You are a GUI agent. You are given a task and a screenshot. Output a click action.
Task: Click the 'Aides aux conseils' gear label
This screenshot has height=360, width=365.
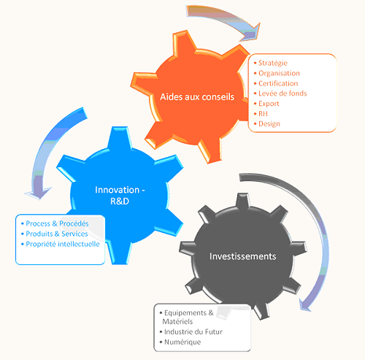[197, 97]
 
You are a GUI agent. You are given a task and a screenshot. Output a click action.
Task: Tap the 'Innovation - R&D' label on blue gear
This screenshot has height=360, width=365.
[120, 196]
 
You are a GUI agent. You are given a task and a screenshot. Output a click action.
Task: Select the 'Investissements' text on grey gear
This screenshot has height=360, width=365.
[243, 256]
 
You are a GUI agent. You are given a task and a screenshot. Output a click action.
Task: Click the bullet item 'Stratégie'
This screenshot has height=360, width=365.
[273, 63]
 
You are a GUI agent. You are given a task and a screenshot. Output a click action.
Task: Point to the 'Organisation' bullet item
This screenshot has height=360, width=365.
[279, 73]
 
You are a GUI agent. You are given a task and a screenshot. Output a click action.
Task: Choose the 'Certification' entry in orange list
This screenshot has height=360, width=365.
[278, 83]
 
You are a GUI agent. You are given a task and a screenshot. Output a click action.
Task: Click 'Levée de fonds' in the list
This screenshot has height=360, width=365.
[283, 93]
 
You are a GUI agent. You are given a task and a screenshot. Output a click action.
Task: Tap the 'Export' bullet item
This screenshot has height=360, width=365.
[269, 104]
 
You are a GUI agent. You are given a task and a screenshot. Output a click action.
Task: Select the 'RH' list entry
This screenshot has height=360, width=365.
[263, 114]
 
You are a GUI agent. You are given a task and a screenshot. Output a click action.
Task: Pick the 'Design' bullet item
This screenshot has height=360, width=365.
[269, 124]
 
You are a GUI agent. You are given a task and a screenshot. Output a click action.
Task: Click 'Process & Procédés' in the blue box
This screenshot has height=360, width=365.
[57, 223]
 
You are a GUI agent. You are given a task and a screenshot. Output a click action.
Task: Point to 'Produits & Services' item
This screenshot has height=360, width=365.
[57, 234]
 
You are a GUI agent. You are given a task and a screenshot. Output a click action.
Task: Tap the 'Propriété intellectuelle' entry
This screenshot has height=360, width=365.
[63, 244]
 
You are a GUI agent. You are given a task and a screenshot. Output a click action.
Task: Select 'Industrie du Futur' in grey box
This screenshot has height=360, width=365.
[193, 332]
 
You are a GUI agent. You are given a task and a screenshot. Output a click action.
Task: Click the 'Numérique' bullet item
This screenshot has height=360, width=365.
[182, 342]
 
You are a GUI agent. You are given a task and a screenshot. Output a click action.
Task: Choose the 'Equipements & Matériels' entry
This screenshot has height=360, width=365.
[188, 317]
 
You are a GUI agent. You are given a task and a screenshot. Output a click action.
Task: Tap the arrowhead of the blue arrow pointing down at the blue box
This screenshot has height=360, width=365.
[39, 193]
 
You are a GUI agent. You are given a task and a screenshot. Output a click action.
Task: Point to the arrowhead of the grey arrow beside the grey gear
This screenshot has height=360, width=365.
[304, 305]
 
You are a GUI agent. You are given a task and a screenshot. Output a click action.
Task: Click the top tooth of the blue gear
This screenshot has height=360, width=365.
[120, 138]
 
